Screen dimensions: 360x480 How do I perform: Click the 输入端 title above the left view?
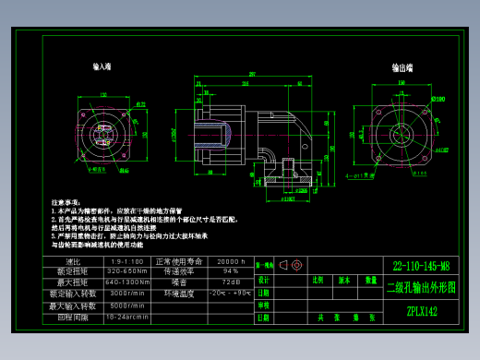pyautogui.click(x=102, y=67)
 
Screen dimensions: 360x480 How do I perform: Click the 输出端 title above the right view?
pyautogui.click(x=402, y=67)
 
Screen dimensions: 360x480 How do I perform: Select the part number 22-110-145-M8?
pyautogui.click(x=420, y=265)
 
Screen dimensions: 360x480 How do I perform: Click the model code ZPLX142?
pyautogui.click(x=421, y=312)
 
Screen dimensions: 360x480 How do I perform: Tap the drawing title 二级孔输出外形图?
pyautogui.click(x=421, y=287)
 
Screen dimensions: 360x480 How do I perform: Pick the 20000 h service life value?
pyautogui.click(x=230, y=262)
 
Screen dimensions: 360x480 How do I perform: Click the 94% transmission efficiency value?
pyautogui.click(x=230, y=272)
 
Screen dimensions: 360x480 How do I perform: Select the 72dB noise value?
pyautogui.click(x=230, y=282)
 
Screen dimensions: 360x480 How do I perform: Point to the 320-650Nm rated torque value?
pyautogui.click(x=127, y=272)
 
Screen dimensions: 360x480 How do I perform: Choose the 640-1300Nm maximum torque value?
pyautogui.click(x=127, y=282)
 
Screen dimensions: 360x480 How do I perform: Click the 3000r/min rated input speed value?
pyautogui.click(x=127, y=294)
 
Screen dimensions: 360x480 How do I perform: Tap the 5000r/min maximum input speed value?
pyautogui.click(x=127, y=305)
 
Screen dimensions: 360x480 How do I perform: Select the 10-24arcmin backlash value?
pyautogui.click(x=127, y=316)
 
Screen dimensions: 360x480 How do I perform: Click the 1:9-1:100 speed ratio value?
pyautogui.click(x=127, y=262)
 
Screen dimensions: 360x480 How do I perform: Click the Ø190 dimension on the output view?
pyautogui.click(x=438, y=98)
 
